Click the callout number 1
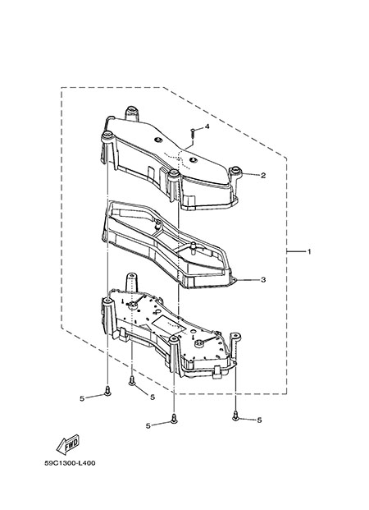pos(309,251)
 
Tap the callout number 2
pos(263,176)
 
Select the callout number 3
pos(263,279)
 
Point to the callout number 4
pos(207,126)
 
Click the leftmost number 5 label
pos(82,398)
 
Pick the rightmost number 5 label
pos(259,420)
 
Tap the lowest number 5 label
pos(148,425)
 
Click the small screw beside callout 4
pos(193,133)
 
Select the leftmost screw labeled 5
pos(107,391)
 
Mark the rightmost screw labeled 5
pos(235,416)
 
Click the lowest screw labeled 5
pos(174,419)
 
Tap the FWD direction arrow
pos(68,444)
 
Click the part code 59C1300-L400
pos(71,463)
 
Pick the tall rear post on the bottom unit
pos(131,282)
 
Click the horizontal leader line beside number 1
pos(295,251)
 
